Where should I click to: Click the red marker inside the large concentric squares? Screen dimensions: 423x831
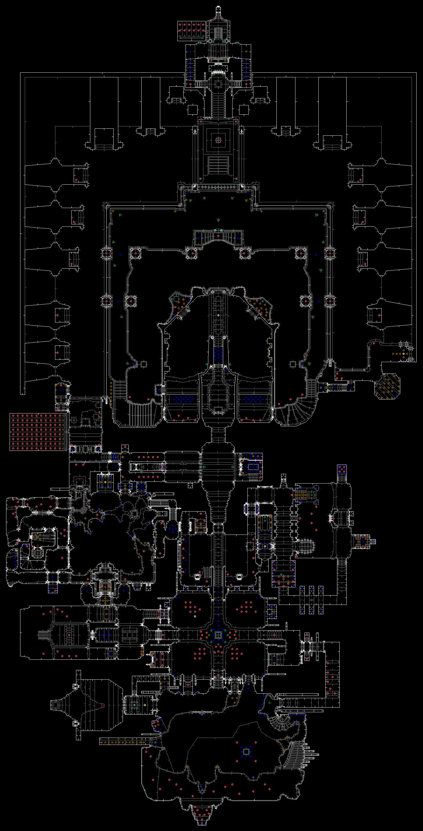218,140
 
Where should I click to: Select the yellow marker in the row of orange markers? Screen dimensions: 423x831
403,354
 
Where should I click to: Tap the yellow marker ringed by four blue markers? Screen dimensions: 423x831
105,482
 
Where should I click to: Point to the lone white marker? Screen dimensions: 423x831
195,616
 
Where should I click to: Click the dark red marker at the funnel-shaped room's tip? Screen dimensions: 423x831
102,706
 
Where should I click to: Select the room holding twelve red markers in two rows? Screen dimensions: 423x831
191,31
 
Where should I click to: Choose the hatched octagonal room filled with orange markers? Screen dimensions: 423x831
387,386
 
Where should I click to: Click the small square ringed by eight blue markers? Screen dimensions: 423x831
246,752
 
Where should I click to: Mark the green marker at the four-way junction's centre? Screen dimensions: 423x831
218,635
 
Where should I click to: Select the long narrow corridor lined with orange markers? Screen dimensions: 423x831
122,742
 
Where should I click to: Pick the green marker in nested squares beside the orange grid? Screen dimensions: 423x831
311,495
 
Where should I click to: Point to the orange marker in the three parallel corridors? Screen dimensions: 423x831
311,600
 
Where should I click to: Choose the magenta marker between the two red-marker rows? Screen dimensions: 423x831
162,467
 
